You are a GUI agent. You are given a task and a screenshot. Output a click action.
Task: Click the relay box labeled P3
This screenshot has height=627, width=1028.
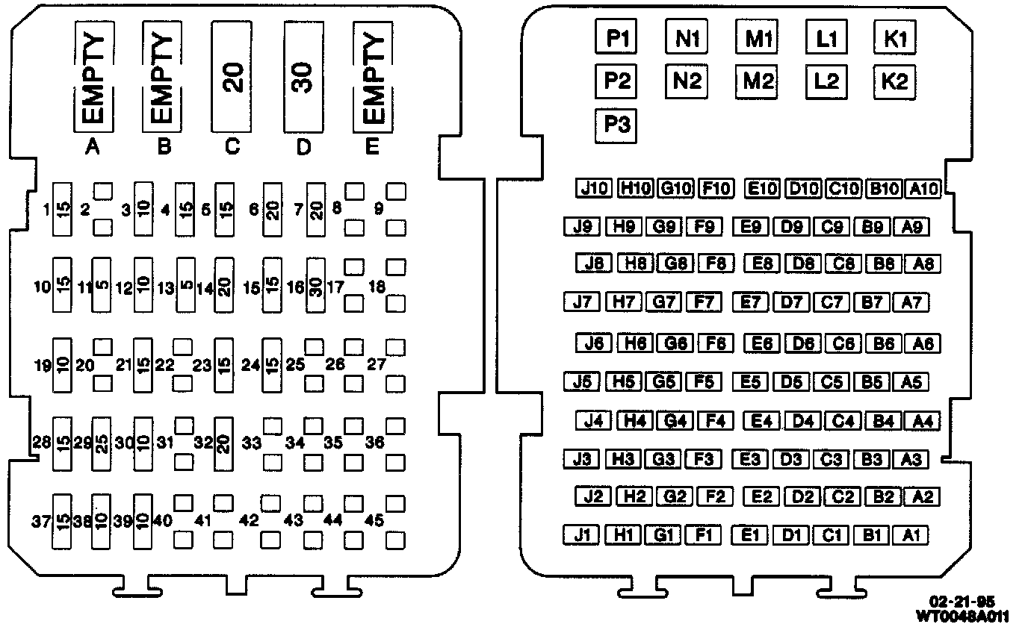(x=617, y=125)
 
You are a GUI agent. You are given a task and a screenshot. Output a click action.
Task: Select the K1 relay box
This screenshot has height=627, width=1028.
(x=895, y=37)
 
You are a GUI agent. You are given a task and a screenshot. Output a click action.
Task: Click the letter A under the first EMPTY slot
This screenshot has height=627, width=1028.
(x=92, y=147)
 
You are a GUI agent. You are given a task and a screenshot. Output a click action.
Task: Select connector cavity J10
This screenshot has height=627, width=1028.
(x=595, y=188)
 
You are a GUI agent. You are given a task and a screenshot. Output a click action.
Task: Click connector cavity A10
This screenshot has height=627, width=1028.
(x=922, y=188)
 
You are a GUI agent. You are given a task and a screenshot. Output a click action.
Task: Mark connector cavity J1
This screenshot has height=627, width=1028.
(x=582, y=534)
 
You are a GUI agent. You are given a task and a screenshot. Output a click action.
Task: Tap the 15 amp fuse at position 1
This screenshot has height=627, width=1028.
(x=62, y=210)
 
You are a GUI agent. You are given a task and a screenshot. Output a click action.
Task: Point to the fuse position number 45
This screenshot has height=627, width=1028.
(x=375, y=521)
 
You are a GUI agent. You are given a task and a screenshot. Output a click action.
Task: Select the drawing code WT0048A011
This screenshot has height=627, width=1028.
(x=963, y=616)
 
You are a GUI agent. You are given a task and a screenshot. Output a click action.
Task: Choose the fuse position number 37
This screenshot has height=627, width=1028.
(x=41, y=521)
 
